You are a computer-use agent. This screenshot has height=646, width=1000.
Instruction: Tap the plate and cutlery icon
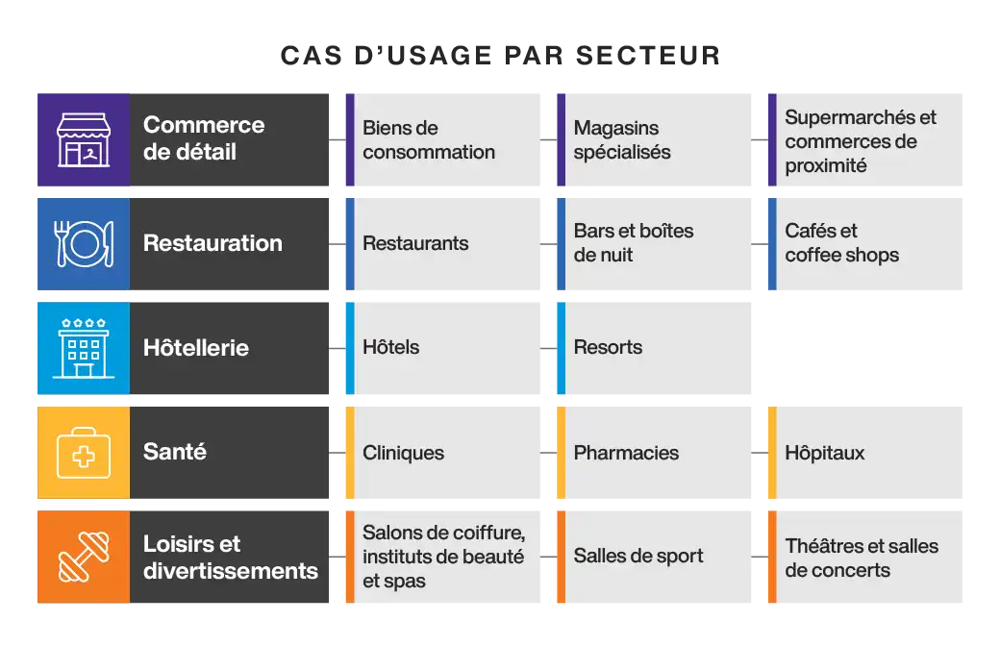click(84, 244)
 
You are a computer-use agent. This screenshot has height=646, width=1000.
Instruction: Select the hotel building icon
click(83, 348)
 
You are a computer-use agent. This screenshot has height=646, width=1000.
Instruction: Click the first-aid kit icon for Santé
click(84, 452)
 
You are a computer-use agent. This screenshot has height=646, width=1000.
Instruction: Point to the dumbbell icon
click(84, 558)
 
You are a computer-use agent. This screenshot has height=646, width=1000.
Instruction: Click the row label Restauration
click(212, 244)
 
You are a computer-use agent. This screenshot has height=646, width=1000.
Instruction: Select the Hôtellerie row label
click(195, 348)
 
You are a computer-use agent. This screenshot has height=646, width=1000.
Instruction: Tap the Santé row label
click(174, 452)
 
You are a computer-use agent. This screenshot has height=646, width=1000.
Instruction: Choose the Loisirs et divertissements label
click(230, 558)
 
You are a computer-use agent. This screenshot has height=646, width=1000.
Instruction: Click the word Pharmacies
click(626, 453)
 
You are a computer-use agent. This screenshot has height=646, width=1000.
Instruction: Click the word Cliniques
click(403, 453)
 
